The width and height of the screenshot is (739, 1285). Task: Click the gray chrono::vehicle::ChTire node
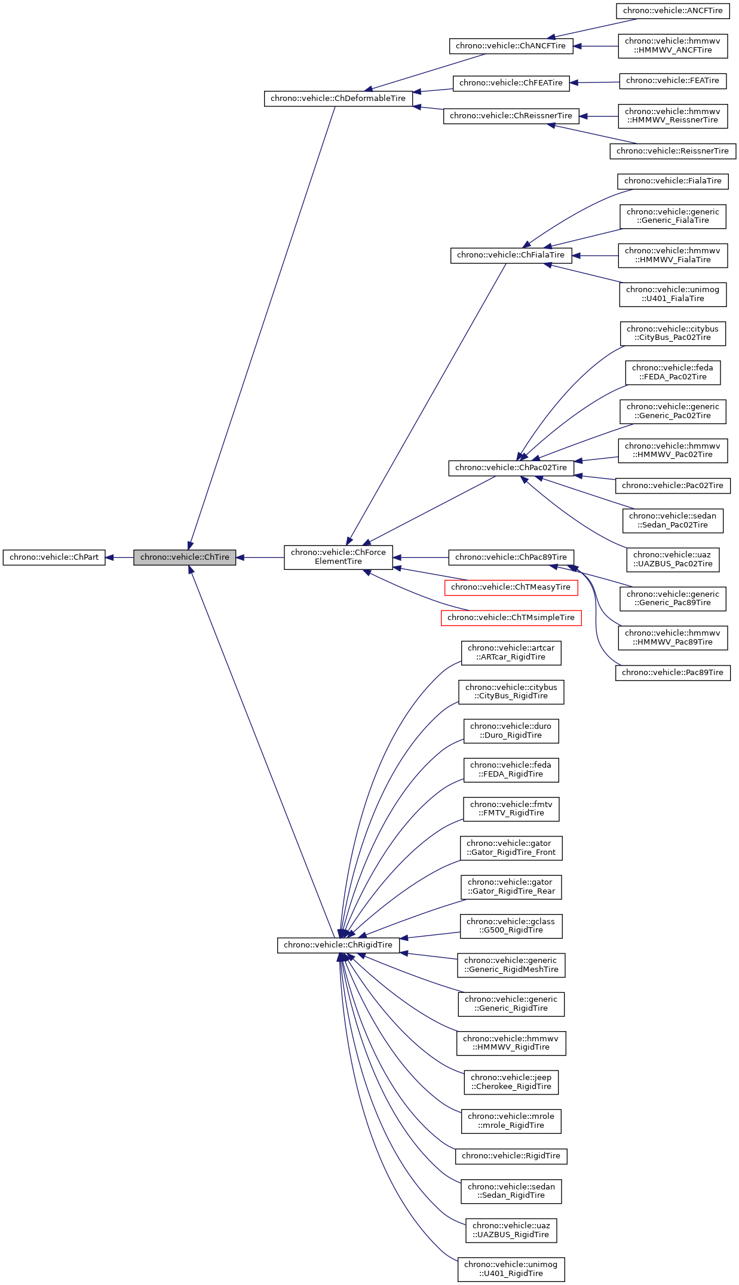click(x=185, y=557)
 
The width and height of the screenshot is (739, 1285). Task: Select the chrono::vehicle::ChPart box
click(x=54, y=557)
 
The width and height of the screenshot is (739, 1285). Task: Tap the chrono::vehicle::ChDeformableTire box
click(x=338, y=99)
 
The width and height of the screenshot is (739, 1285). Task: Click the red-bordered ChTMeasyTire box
click(x=511, y=587)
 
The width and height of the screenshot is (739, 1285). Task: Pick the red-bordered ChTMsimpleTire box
click(x=511, y=618)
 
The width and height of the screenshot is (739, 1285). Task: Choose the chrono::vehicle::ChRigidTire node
click(x=338, y=945)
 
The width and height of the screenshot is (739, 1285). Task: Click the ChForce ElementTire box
click(x=338, y=557)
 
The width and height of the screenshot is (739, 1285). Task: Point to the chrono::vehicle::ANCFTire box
click(x=673, y=11)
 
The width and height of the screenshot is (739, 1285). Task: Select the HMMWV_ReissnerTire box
click(x=673, y=116)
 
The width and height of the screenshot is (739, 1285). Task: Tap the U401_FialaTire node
click(x=673, y=295)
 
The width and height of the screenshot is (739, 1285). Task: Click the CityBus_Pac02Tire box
click(x=673, y=333)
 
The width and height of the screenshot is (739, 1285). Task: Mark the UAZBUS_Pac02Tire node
click(x=673, y=559)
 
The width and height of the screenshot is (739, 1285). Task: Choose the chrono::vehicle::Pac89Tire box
click(x=673, y=673)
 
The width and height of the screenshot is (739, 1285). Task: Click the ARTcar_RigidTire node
click(x=511, y=652)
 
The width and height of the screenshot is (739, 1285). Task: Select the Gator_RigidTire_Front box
click(x=511, y=848)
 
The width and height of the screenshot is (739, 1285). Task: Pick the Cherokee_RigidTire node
click(x=511, y=1082)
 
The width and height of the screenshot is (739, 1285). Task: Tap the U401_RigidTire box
click(x=511, y=1269)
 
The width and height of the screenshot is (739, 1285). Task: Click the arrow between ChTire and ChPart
click(x=119, y=557)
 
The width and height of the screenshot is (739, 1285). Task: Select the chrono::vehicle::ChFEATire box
click(x=511, y=83)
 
